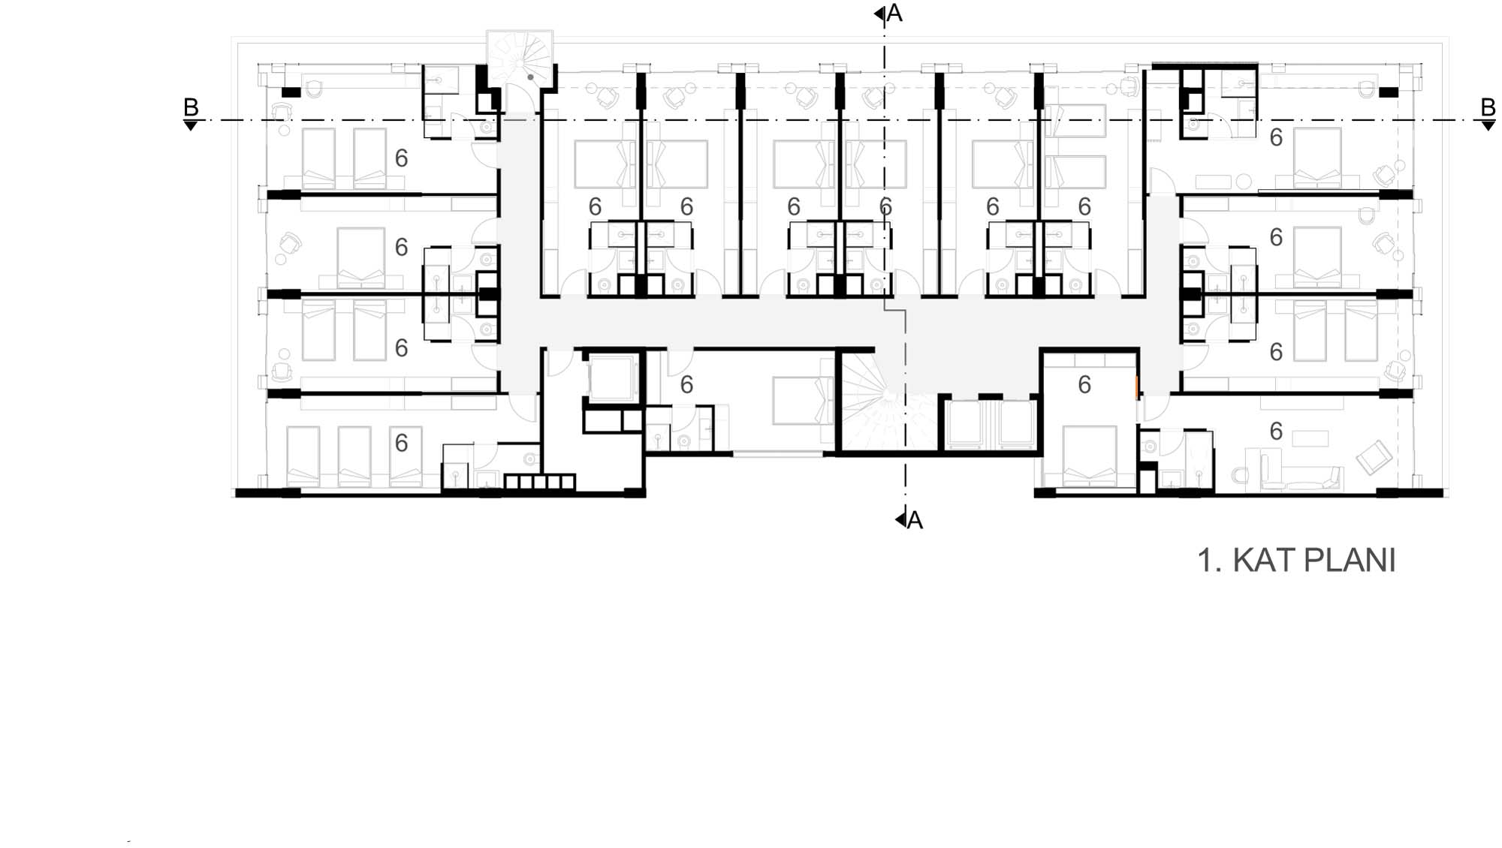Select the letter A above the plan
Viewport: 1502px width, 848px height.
894,13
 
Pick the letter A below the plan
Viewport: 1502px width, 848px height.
915,519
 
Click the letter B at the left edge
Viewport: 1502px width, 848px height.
191,107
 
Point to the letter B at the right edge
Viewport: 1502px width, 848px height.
1488,107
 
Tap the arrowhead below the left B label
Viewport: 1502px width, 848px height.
191,126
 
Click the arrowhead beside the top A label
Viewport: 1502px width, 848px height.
879,14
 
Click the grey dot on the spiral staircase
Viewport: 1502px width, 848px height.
531,77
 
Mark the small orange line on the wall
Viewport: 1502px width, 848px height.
1137,386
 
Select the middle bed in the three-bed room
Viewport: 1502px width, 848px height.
354,456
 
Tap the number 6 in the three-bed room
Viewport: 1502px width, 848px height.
402,443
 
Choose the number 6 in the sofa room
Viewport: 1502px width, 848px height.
1276,431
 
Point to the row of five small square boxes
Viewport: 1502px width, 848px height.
539,482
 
